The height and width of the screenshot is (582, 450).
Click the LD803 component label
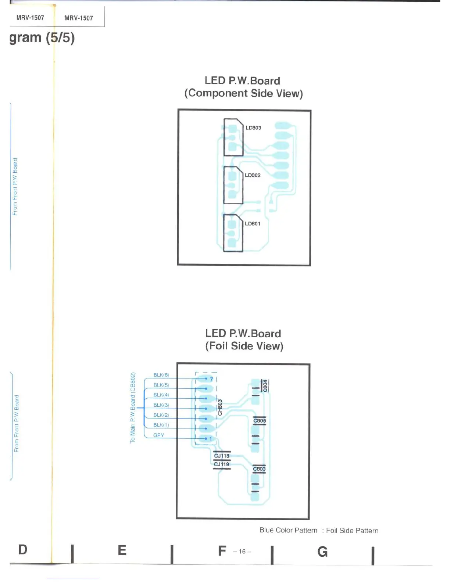pyautogui.click(x=253, y=128)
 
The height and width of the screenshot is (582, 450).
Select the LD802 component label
pyautogui.click(x=253, y=175)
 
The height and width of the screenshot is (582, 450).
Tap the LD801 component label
pyautogui.click(x=253, y=223)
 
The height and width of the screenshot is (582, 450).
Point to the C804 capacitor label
pyautogui.click(x=265, y=386)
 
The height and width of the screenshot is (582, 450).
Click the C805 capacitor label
pyautogui.click(x=260, y=421)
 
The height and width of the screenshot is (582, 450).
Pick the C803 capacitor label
pyautogui.click(x=259, y=469)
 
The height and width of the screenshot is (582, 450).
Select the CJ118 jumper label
pyautogui.click(x=222, y=456)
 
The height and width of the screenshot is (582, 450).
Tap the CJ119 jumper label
pyautogui.click(x=222, y=464)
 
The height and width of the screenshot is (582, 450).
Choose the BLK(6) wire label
pyautogui.click(x=161, y=375)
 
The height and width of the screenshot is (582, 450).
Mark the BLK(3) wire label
pyautogui.click(x=161, y=405)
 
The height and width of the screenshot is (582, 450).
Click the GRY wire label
pyautogui.click(x=159, y=435)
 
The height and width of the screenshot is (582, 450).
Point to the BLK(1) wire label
pyautogui.click(x=161, y=425)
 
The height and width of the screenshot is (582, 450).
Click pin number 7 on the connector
pyautogui.click(x=211, y=379)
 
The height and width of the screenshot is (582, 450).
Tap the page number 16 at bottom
pyautogui.click(x=242, y=552)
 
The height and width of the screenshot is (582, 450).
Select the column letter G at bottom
pyautogui.click(x=322, y=552)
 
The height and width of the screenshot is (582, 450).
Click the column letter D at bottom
pyautogui.click(x=23, y=550)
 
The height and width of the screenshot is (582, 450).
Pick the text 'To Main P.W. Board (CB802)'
pyautogui.click(x=133, y=408)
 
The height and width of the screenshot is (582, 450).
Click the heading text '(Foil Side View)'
pyautogui.click(x=244, y=346)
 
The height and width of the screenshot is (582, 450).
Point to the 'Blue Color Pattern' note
pyautogui.click(x=288, y=530)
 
